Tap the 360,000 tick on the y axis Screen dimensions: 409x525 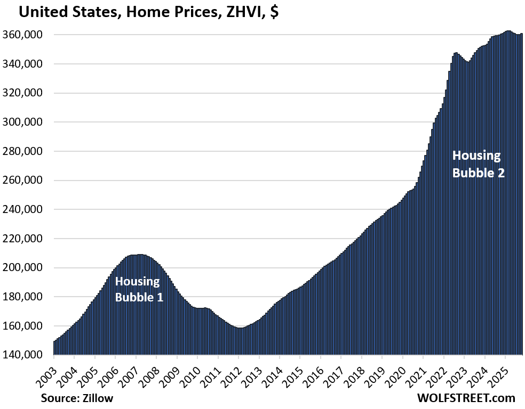tap(27, 35)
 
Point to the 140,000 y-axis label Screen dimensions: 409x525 tap(27, 355)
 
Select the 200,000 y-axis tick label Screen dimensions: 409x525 tap(27, 268)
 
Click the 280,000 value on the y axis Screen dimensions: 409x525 tap(27, 151)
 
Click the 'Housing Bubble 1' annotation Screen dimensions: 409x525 tap(139, 289)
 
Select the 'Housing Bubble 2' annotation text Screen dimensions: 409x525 tap(478, 164)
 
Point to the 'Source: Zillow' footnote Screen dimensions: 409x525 tap(76, 397)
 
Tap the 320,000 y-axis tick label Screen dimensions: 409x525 tap(27, 93)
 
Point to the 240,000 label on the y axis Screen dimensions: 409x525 tap(27, 210)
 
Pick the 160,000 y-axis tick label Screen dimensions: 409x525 tap(27, 326)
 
